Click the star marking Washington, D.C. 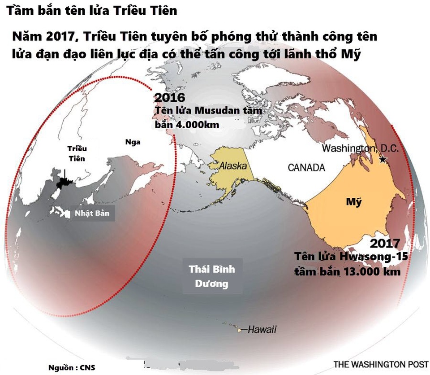pos(383,159)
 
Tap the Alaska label pos(232,166)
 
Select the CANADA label pos(306,168)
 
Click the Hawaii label pos(262,329)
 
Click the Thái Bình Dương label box pos(212,276)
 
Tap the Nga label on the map pos(133,142)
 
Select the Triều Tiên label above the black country pos(77,153)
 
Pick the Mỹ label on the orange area pos(353,202)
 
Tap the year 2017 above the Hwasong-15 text pos(385,244)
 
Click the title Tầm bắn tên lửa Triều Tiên pos(92,10)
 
